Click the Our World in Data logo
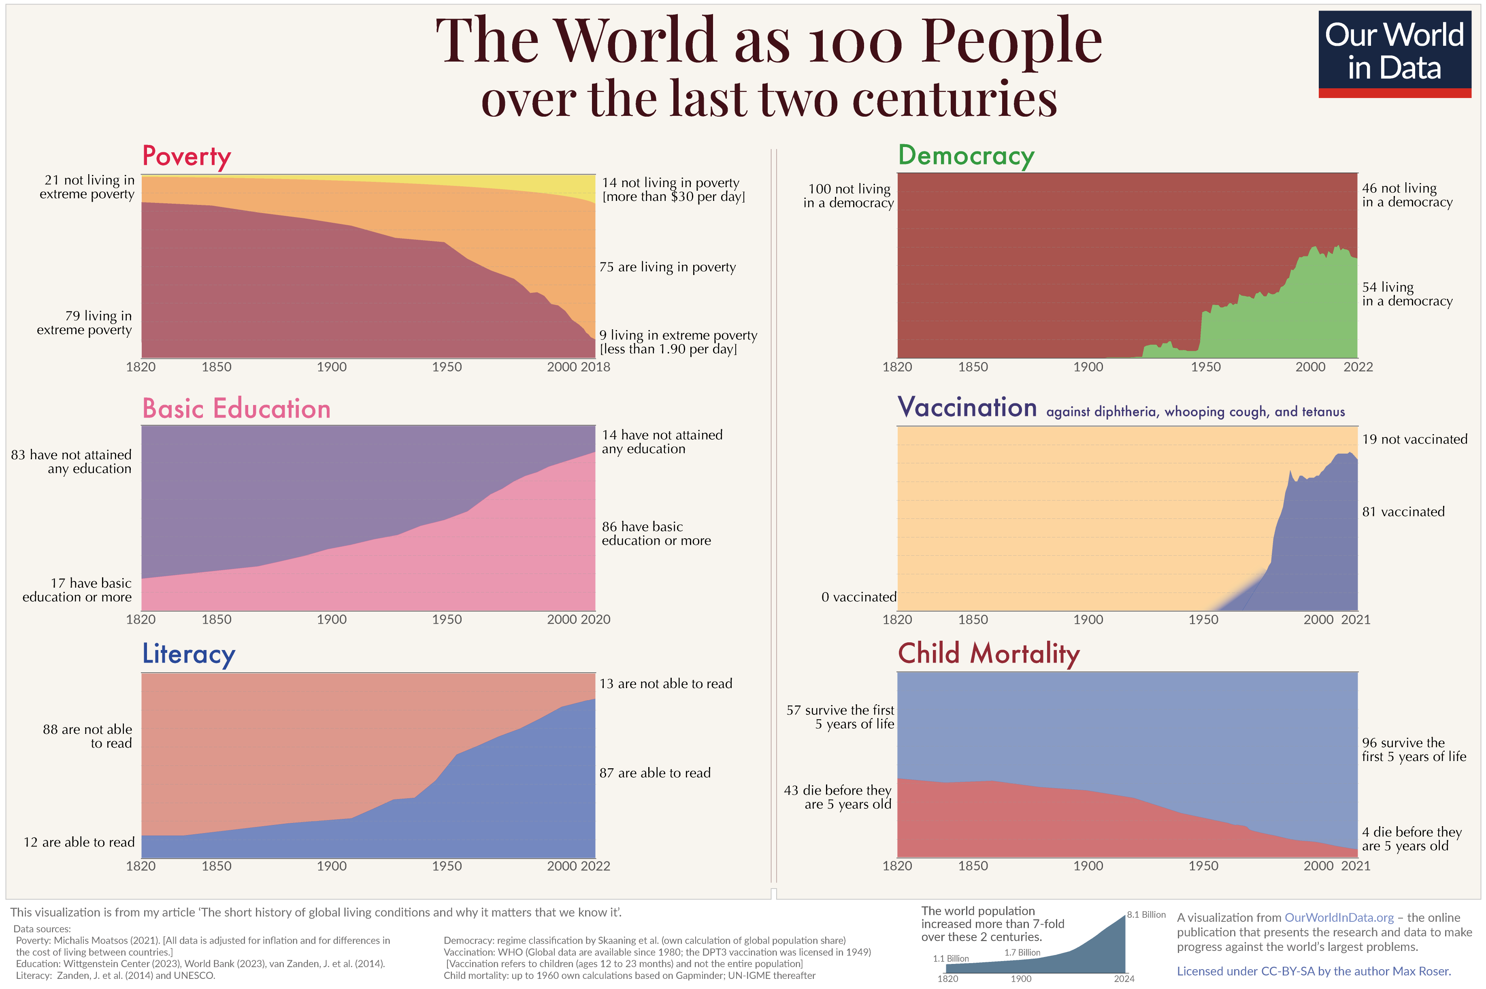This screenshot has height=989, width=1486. (x=1394, y=53)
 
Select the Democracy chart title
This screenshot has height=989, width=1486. (x=966, y=155)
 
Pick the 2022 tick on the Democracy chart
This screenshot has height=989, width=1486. (x=1357, y=367)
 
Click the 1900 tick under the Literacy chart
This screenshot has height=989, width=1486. (x=332, y=866)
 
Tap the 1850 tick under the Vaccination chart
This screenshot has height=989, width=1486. (x=973, y=619)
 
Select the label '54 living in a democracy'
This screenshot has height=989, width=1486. (x=1407, y=294)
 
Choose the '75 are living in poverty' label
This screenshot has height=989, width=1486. (x=667, y=267)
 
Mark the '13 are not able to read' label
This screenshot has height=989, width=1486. (x=665, y=684)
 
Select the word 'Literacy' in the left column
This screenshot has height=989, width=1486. (x=189, y=654)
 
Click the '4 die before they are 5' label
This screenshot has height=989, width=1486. (x=1411, y=839)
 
